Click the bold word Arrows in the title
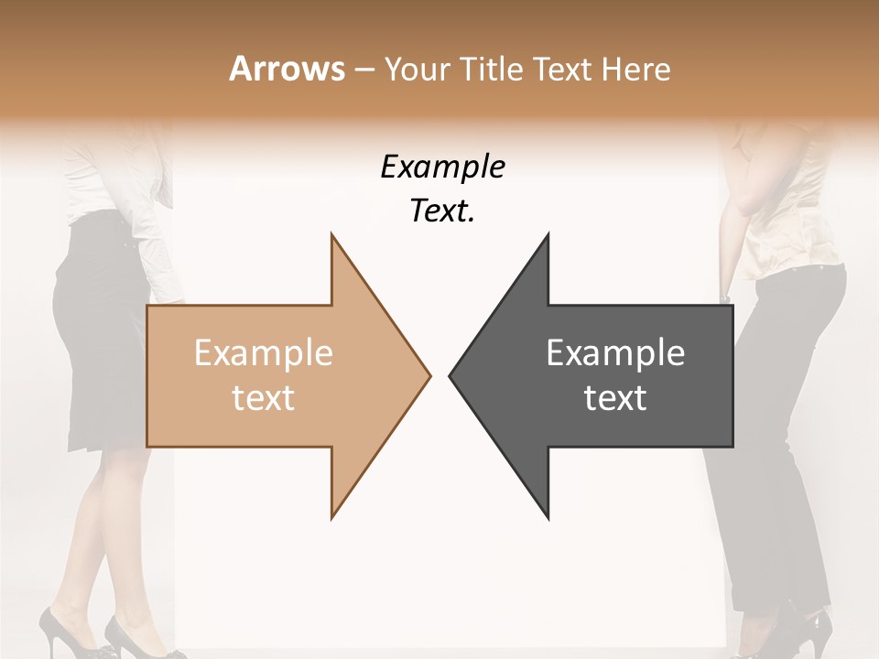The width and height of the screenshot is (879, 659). coord(287,69)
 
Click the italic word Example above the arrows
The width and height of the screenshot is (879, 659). coord(443,167)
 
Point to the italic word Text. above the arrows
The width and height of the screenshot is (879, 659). coord(443,211)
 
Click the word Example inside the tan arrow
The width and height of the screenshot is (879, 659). coord(264,352)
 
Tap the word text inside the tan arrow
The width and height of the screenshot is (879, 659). coord(264,398)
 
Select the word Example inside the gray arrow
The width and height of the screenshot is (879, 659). coord(615,352)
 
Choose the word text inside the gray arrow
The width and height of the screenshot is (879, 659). coord(615,398)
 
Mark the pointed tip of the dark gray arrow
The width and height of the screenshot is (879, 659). coord(450,374)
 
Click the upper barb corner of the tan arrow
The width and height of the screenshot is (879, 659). coord(332,235)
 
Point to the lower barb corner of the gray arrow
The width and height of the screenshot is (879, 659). coord(548,517)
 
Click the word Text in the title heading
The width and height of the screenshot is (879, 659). coord(562,70)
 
